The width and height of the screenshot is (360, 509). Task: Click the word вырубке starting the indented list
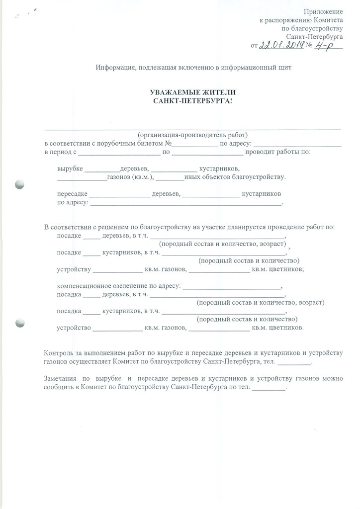[70, 169]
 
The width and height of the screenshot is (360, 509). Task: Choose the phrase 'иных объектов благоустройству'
[234, 177]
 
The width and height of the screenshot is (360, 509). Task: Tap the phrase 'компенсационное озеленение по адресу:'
[119, 286]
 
